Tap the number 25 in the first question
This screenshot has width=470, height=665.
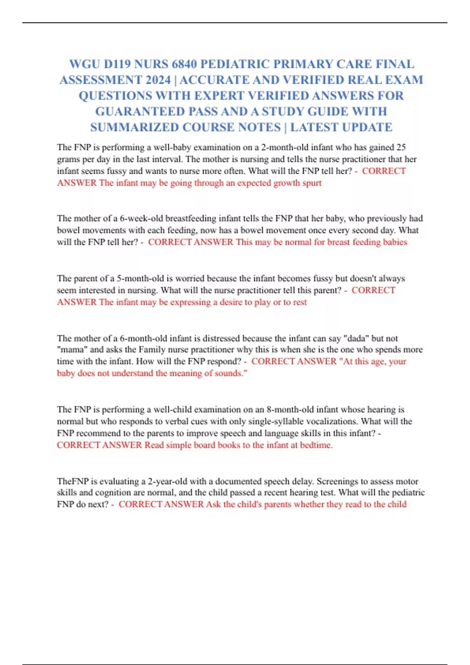401,147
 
